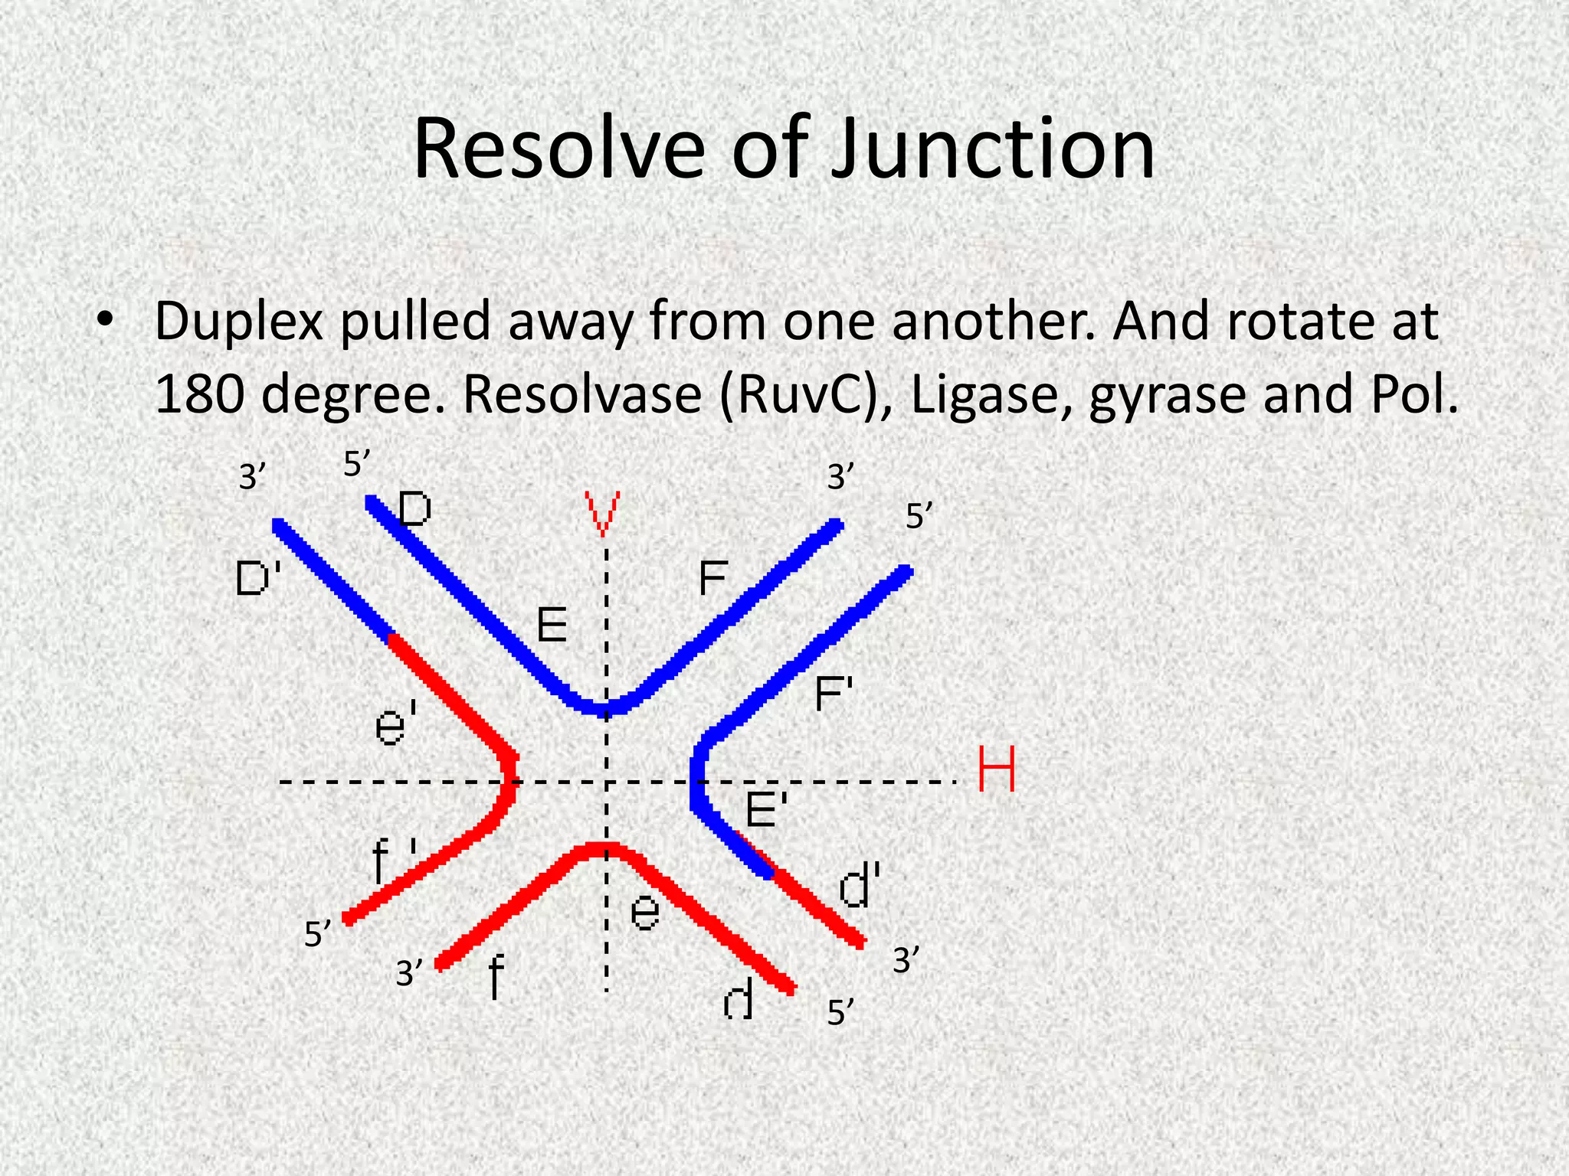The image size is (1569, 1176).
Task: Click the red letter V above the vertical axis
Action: (602, 514)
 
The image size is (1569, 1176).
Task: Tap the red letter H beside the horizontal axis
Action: (997, 769)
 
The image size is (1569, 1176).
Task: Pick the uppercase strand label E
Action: (552, 626)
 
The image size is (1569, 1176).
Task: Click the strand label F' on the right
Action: (834, 694)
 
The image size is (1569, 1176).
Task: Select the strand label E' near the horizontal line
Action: (766, 809)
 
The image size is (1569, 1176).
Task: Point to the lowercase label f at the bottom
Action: (496, 977)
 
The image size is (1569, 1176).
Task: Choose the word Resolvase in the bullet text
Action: (582, 395)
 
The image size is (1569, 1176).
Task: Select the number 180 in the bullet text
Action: (201, 395)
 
